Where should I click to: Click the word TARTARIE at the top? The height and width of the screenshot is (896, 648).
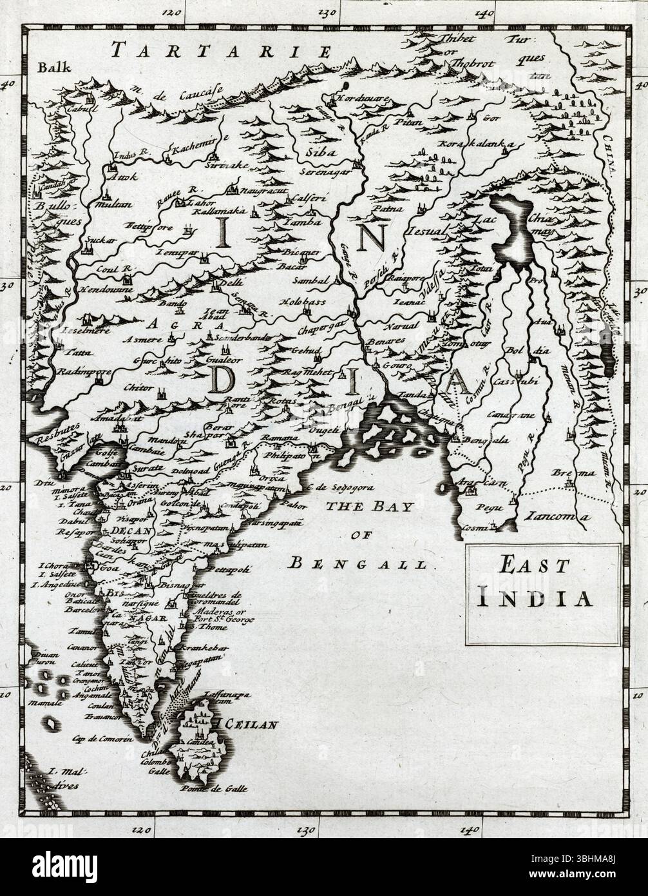(x=220, y=51)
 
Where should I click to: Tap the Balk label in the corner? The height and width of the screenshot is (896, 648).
(x=49, y=66)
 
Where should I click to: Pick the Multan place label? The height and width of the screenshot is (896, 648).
(x=116, y=204)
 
